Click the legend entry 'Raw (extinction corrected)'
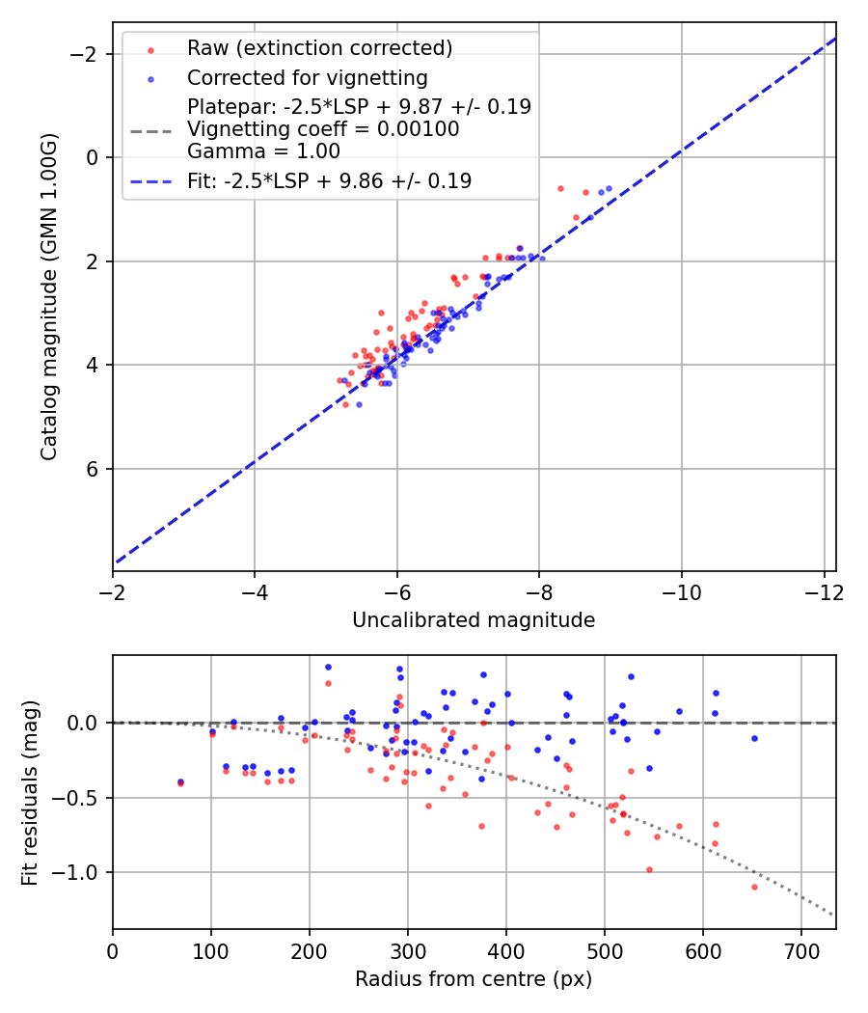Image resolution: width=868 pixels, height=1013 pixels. coord(319,48)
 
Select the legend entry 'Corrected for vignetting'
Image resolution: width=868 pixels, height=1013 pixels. coord(307,77)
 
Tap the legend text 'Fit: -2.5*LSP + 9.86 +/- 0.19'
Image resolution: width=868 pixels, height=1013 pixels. coord(329,181)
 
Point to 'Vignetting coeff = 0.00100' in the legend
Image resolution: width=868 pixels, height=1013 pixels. coord(323,129)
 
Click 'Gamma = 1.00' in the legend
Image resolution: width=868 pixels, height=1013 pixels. coord(263,151)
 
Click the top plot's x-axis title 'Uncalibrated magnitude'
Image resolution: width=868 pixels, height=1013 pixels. coord(474,620)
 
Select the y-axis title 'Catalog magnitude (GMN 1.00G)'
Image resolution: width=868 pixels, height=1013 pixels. coord(49,296)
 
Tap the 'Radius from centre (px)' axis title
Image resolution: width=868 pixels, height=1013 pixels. coord(474,979)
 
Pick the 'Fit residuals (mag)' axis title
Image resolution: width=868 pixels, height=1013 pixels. coord(30,792)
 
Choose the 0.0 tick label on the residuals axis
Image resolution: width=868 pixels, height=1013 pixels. coord(88,723)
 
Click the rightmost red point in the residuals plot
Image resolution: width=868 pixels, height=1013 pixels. coord(754,887)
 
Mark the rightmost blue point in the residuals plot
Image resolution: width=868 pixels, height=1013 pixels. coord(754,738)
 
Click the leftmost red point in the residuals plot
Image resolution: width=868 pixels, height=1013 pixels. coord(180,783)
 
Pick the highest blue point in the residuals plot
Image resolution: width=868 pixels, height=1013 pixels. coord(328,667)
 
